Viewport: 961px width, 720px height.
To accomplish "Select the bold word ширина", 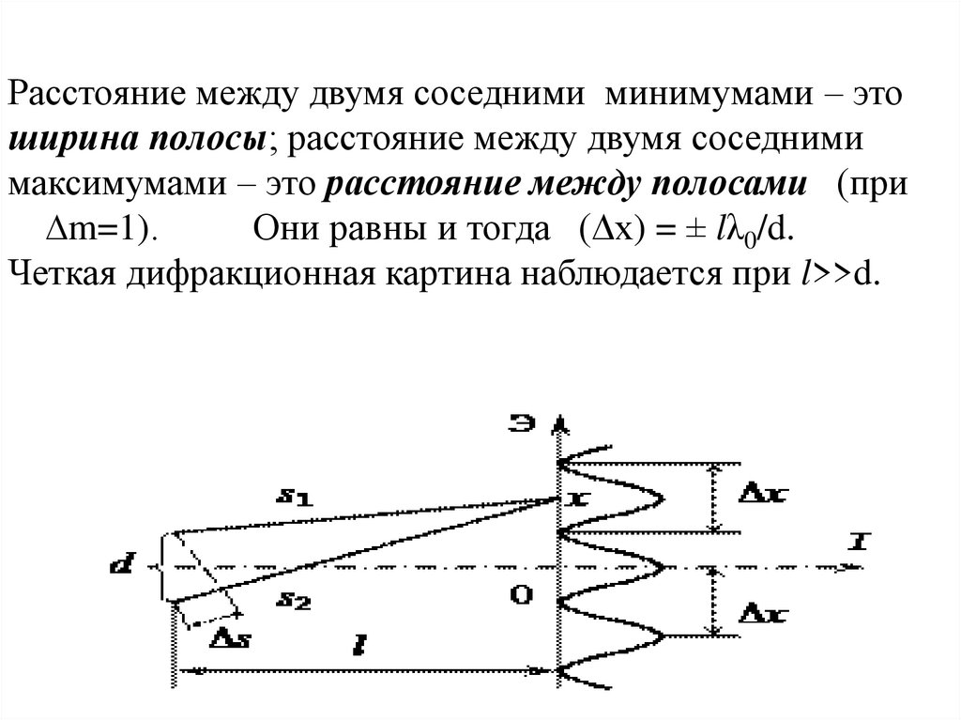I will pyautogui.click(x=71, y=140).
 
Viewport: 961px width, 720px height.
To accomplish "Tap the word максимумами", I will pyautogui.click(x=109, y=183).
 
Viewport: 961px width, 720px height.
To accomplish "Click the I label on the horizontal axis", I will pyautogui.click(x=855, y=543).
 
